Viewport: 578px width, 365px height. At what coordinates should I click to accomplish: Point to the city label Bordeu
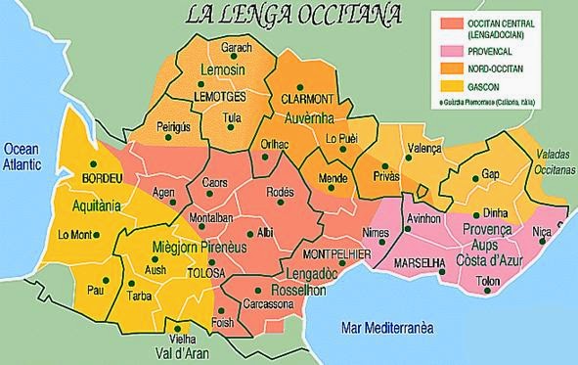pos(101,179)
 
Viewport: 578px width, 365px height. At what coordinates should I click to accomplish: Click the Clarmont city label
pos(307,100)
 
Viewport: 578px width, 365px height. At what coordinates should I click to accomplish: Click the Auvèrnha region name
pos(310,118)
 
